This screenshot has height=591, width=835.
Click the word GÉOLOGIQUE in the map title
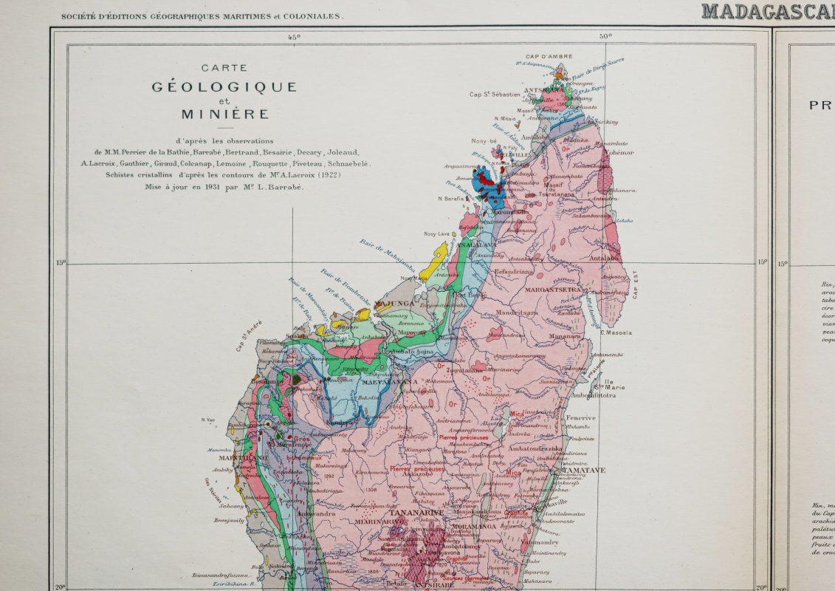coord(224,87)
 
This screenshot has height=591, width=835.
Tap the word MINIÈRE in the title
coord(224,115)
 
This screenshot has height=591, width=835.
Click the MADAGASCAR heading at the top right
coord(768,11)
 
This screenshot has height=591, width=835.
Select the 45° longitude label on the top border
coord(294,37)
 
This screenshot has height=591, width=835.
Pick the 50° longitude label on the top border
coord(606,37)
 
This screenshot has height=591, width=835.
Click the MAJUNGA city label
coord(395,304)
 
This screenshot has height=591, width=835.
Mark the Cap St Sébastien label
coord(495,95)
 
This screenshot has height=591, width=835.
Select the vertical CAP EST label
coord(635,284)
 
